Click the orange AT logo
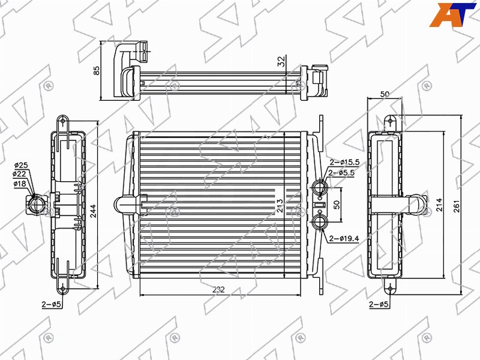[452, 14]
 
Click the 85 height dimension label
[97, 70]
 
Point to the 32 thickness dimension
[281, 61]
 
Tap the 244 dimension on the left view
[93, 211]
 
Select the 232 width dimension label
[218, 289]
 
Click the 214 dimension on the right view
[439, 205]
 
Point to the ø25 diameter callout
[21, 166]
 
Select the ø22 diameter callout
[19, 174]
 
